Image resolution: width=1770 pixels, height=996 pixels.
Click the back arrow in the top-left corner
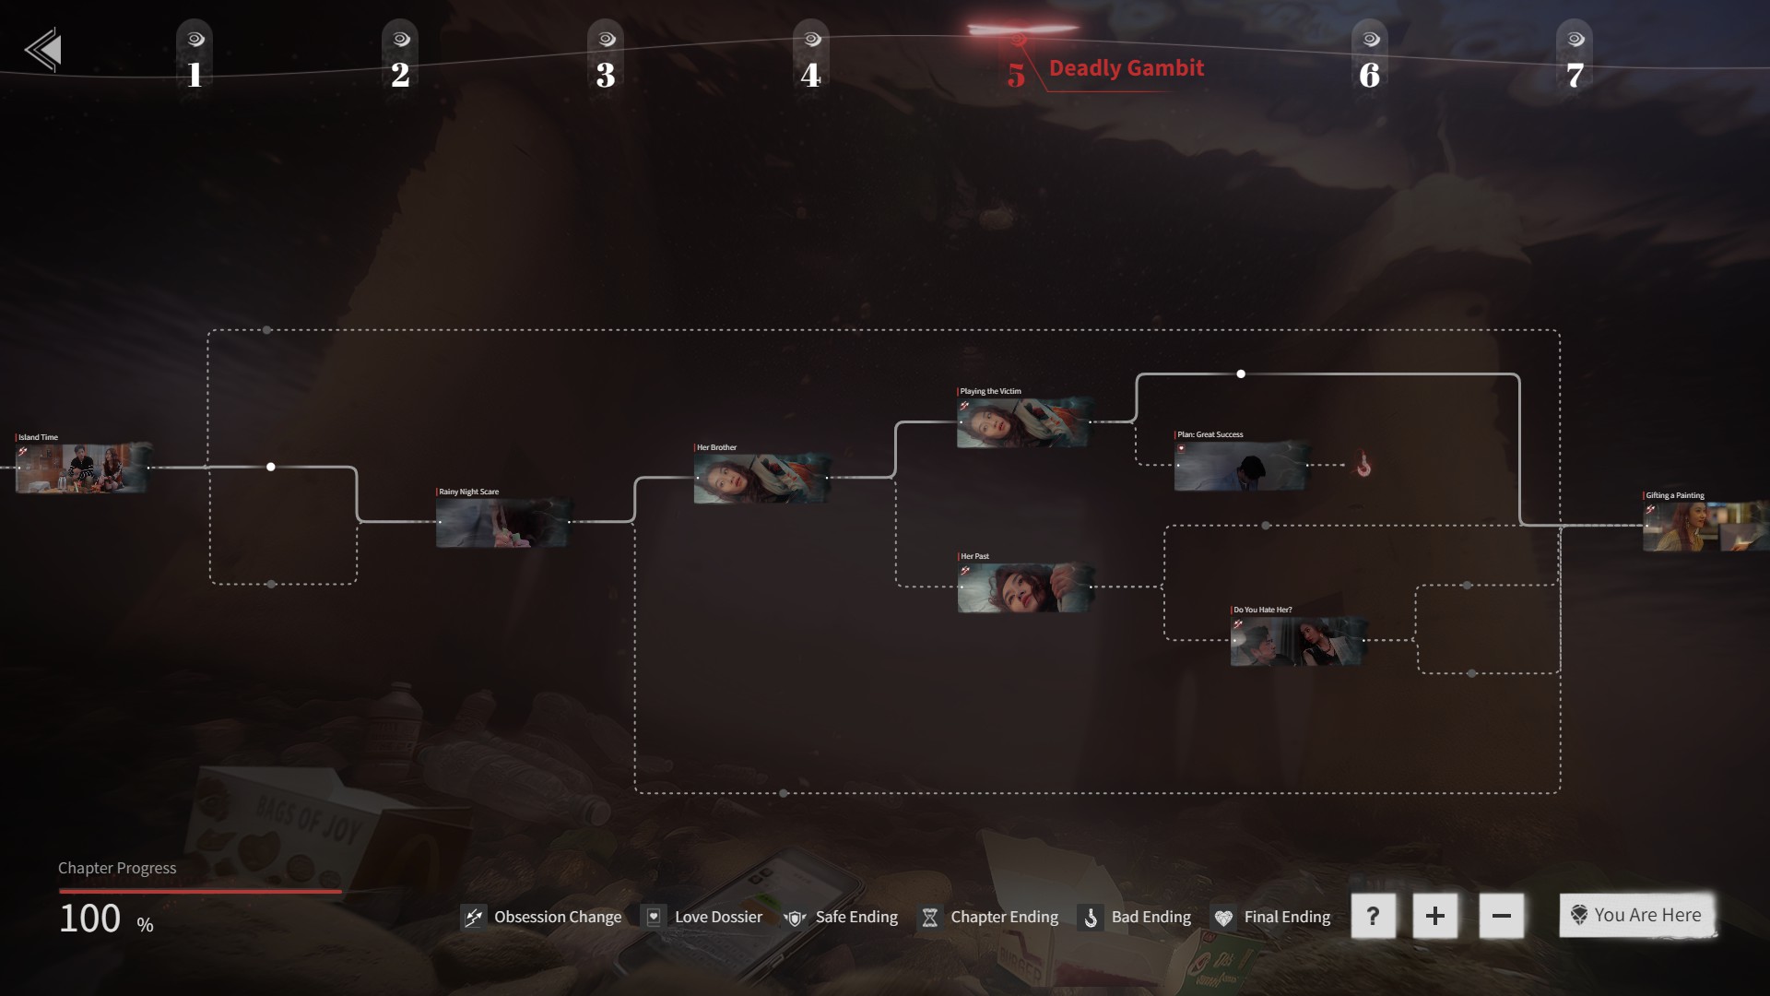pyautogui.click(x=44, y=50)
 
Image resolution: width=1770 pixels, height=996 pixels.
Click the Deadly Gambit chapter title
pyautogui.click(x=1126, y=68)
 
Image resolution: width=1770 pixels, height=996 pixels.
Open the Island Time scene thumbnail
pyautogui.click(x=81, y=468)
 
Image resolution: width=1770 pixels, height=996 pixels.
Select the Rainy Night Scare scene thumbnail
pyautogui.click(x=502, y=523)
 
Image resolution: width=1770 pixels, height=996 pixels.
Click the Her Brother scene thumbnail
pyautogui.click(x=761, y=479)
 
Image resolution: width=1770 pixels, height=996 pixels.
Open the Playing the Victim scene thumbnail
pyautogui.click(x=1022, y=423)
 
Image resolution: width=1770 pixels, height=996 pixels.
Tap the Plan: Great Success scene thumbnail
pyautogui.click(x=1240, y=466)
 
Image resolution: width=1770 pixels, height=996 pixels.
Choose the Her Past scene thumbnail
pyautogui.click(x=1024, y=587)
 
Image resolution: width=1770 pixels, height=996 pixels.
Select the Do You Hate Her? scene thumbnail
pyautogui.click(x=1297, y=641)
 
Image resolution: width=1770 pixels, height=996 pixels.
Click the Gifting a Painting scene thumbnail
pyautogui.click(x=1705, y=527)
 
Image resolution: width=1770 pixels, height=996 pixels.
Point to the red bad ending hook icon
pyautogui.click(x=1363, y=467)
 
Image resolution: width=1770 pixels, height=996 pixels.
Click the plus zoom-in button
pyautogui.click(x=1434, y=916)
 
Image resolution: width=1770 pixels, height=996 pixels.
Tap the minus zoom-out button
pyautogui.click(x=1501, y=916)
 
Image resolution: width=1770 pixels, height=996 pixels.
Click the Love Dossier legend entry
pyautogui.click(x=704, y=917)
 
